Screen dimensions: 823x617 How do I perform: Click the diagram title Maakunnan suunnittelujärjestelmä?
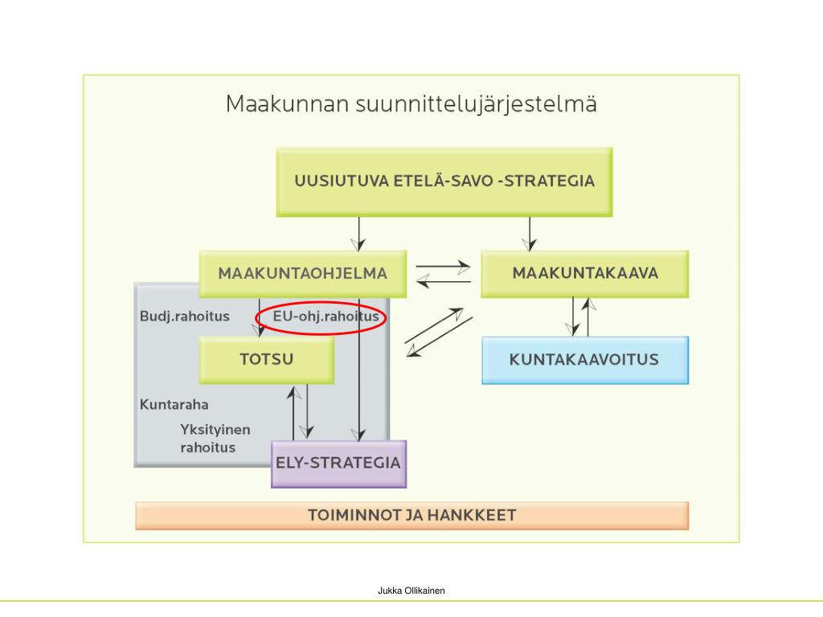(411, 104)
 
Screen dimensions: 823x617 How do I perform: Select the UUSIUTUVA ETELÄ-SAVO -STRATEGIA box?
(444, 182)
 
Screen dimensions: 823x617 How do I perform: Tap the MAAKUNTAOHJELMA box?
(302, 273)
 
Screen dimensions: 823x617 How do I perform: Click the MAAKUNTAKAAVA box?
(584, 273)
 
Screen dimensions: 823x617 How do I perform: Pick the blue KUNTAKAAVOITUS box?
(584, 359)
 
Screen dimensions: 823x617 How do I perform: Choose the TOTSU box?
(266, 359)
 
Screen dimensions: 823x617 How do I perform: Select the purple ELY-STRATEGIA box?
(338, 464)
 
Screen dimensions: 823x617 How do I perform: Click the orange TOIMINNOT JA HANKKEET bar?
(411, 516)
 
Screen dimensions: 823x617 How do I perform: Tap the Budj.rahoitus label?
(184, 317)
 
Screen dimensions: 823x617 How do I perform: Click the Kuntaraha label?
(174, 404)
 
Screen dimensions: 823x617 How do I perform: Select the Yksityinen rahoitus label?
(215, 439)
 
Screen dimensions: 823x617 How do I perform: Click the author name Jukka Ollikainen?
(411, 590)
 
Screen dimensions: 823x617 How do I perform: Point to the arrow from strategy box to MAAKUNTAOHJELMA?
(359, 233)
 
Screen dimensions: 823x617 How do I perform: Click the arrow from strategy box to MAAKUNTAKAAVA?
(529, 233)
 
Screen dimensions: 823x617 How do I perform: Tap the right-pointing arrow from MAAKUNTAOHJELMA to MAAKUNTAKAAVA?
(443, 266)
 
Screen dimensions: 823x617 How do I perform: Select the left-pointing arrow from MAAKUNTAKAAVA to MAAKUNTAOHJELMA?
(443, 280)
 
